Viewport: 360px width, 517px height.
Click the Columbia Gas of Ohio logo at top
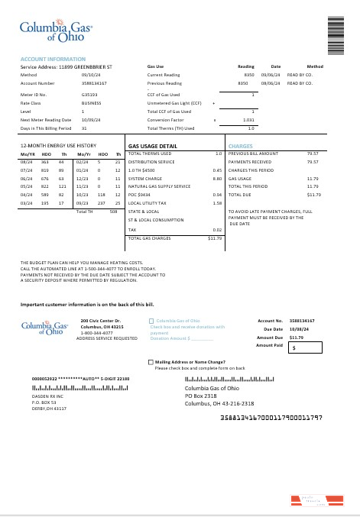coord(55,31)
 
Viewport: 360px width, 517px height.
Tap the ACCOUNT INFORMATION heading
coord(53,59)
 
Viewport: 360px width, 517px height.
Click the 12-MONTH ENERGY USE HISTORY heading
coord(59,145)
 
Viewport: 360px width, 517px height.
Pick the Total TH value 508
coord(113,212)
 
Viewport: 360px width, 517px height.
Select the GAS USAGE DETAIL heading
coord(153,145)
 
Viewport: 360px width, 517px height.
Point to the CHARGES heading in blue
coord(240,145)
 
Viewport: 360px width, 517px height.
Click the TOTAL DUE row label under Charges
coord(241,195)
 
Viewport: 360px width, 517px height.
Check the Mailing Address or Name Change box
coord(151,362)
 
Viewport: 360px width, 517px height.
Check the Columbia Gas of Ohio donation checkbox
coord(151,321)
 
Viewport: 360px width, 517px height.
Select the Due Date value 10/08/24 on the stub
coord(299,329)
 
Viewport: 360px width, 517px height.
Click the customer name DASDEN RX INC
coord(48,398)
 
